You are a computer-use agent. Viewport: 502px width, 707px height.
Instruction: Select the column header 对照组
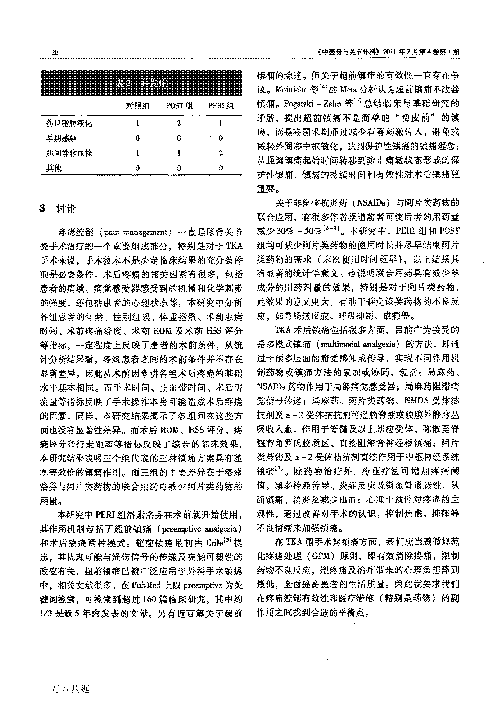[x=137, y=106]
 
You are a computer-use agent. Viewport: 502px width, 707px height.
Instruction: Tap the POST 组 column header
[x=179, y=106]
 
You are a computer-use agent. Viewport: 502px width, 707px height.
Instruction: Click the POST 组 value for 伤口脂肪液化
[x=179, y=123]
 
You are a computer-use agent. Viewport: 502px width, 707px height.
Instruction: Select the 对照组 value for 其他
[x=137, y=168]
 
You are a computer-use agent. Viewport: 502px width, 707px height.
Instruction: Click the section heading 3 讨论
[x=58, y=209]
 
